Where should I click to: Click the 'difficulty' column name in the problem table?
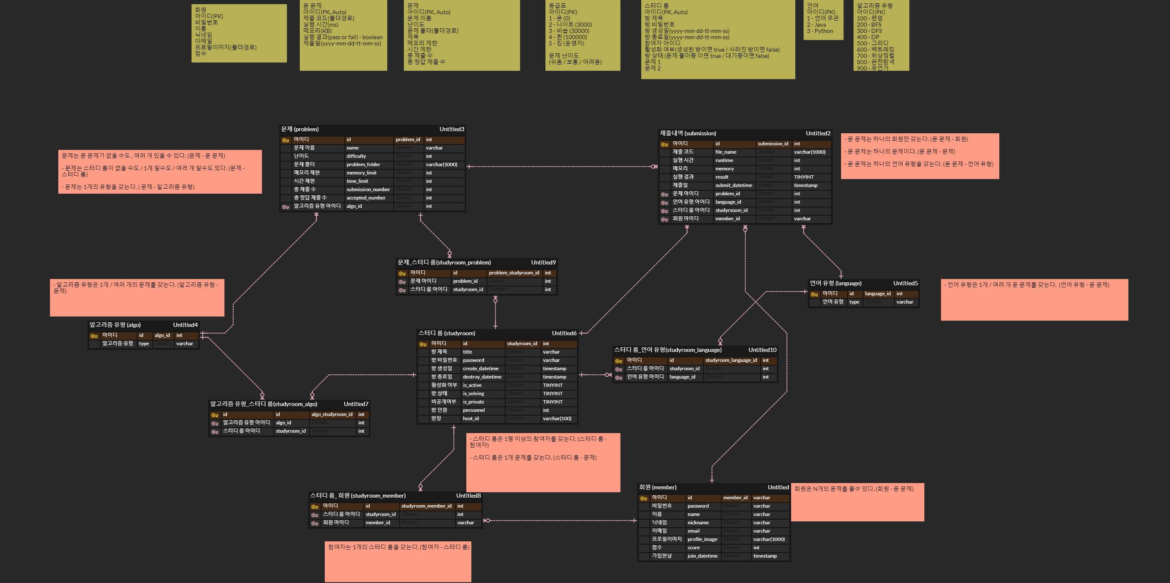click(x=356, y=156)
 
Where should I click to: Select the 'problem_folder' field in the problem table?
click(x=363, y=164)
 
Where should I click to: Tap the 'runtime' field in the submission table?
click(x=724, y=160)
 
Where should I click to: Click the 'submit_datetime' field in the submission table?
click(x=734, y=185)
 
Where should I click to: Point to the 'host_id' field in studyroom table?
click(x=470, y=419)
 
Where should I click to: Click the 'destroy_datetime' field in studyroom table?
click(x=482, y=377)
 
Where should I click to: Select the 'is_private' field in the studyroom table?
click(x=473, y=402)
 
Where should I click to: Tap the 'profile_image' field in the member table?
click(x=702, y=539)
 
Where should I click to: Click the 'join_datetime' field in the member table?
click(x=702, y=556)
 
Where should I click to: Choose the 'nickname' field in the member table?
click(x=698, y=523)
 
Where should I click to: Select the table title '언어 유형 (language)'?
click(x=835, y=284)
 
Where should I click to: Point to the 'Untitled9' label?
click(x=543, y=263)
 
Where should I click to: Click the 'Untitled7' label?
click(x=356, y=404)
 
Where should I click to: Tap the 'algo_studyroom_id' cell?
click(x=331, y=414)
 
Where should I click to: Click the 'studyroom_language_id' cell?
click(x=731, y=360)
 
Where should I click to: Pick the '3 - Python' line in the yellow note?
click(x=820, y=31)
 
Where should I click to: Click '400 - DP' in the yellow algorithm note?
click(x=868, y=37)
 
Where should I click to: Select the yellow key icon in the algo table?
click(x=94, y=336)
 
